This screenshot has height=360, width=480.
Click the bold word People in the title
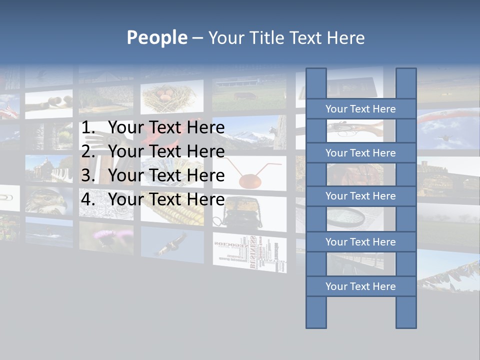coord(156,37)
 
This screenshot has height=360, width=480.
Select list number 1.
coord(87,128)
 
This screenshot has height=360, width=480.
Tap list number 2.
coord(87,151)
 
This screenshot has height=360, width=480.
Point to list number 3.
coord(87,175)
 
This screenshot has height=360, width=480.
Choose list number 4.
coord(87,199)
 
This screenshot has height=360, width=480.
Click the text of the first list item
coord(166,128)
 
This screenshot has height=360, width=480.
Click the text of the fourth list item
coord(166,199)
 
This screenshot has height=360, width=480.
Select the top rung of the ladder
coord(360,109)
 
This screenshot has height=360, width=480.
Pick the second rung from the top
coord(360,153)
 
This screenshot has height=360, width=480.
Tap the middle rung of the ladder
coord(360,196)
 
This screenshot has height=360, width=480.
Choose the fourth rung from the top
coord(360,242)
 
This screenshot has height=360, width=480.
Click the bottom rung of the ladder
coord(360,286)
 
